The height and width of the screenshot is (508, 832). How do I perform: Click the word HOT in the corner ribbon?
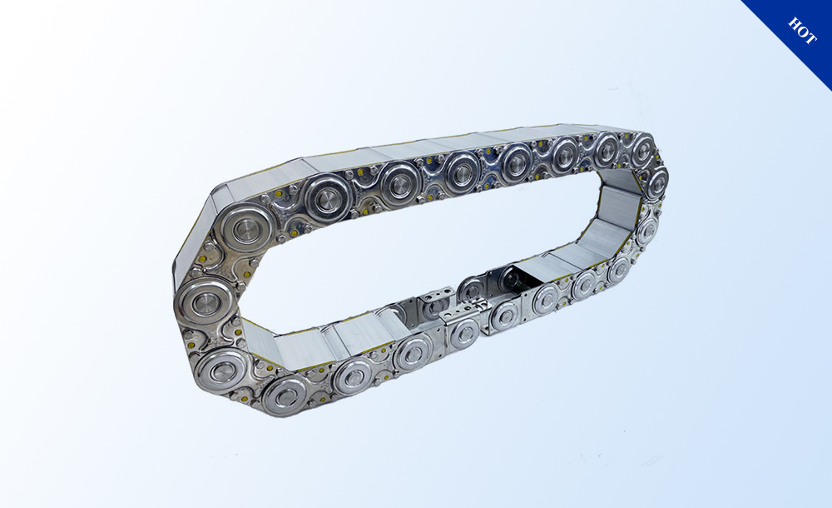[802, 31]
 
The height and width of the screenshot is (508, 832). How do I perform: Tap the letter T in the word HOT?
[810, 38]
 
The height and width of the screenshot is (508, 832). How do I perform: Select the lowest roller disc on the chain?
[285, 396]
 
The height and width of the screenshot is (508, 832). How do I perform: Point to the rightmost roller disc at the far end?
[657, 182]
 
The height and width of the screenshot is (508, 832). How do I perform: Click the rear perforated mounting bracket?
[436, 296]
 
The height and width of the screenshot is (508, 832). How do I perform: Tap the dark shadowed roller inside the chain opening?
[511, 279]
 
